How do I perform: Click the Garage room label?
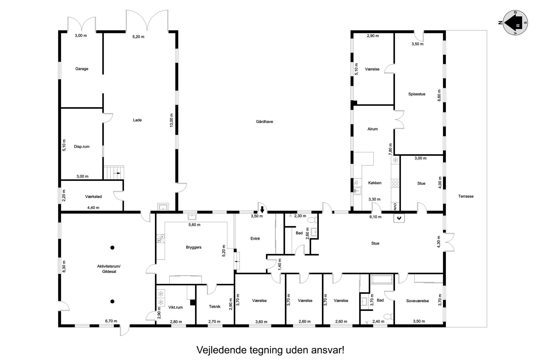pyautogui.click(x=82, y=69)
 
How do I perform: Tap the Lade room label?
pyautogui.click(x=137, y=120)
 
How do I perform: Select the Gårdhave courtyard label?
pyautogui.click(x=264, y=122)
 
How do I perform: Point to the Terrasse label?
pyautogui.click(x=466, y=196)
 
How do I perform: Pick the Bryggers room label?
pyautogui.click(x=194, y=247)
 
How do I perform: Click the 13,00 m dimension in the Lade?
pyautogui.click(x=171, y=120)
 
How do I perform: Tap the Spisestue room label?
pyautogui.click(x=417, y=94)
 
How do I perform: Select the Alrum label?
pyautogui.click(x=372, y=129)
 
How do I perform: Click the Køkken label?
pyautogui.click(x=375, y=183)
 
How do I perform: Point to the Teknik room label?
pyautogui.click(x=214, y=306)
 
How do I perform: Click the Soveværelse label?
pyautogui.click(x=417, y=301)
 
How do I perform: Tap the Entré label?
pyautogui.click(x=255, y=238)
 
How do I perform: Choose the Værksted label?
pyautogui.click(x=93, y=196)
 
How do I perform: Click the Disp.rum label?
pyautogui.click(x=82, y=146)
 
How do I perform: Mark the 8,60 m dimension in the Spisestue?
pyautogui.click(x=439, y=95)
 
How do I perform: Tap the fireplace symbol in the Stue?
pyautogui.click(x=399, y=218)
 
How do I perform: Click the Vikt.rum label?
pyautogui.click(x=175, y=307)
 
